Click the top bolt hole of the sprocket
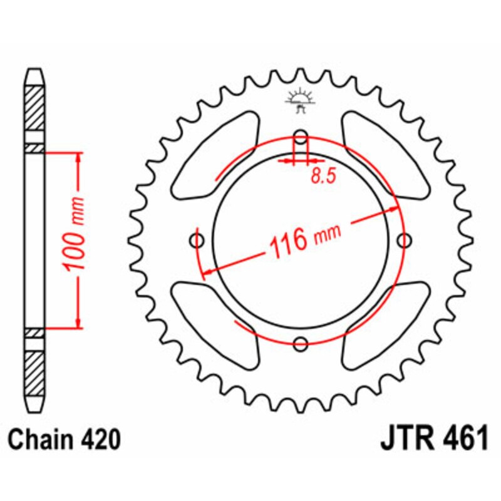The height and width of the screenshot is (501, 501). point(301,137)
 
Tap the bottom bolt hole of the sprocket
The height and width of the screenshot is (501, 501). point(301,343)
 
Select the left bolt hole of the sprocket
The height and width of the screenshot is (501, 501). point(198,240)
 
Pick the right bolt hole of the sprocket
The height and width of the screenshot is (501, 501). point(405,240)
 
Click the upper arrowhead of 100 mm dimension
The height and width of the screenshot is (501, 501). point(78,157)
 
